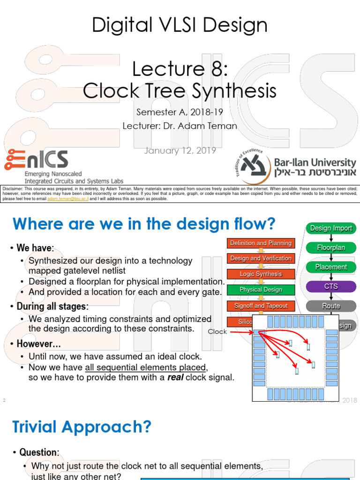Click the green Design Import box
click(x=331, y=228)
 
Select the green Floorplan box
click(x=331, y=247)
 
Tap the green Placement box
click(x=331, y=267)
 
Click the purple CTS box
click(x=331, y=286)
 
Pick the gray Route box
click(x=331, y=306)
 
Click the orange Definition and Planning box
click(x=261, y=243)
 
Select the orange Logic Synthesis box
click(x=261, y=274)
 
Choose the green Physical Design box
click(x=261, y=290)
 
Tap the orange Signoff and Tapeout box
click(x=261, y=306)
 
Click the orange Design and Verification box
click(x=261, y=258)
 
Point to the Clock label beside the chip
click(x=217, y=331)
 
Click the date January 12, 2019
click(x=180, y=150)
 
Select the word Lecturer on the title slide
click(x=140, y=126)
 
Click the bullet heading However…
click(x=38, y=344)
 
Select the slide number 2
click(x=4, y=400)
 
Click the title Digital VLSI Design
click(x=180, y=25)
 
